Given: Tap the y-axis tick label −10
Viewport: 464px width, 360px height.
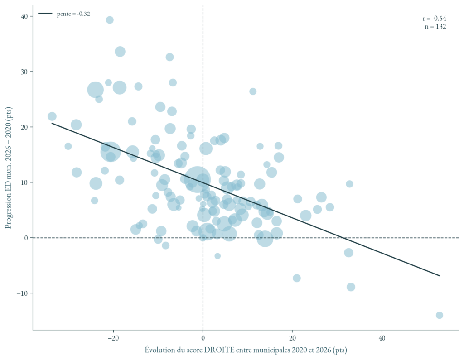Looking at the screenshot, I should [21, 293].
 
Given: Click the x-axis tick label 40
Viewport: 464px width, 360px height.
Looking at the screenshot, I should [382, 339].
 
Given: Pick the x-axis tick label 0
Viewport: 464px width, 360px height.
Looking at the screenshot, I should [203, 339].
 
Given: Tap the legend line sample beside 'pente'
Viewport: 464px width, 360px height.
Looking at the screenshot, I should [45, 14].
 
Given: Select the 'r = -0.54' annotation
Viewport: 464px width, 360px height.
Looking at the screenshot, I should [434, 19].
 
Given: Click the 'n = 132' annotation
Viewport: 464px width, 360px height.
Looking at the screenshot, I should [435, 27].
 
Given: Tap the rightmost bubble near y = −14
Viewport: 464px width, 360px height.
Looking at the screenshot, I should [439, 315].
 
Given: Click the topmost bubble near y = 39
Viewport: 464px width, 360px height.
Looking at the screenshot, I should [110, 20].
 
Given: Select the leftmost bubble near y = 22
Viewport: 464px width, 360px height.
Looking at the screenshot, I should [52, 116].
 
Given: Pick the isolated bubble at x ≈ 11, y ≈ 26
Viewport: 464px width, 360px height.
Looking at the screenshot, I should [253, 91].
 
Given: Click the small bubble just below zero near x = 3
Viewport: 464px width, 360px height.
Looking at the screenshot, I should [217, 256].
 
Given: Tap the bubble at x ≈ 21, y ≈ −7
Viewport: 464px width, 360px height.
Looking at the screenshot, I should [297, 278].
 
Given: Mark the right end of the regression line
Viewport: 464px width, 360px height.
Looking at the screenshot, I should [440, 276].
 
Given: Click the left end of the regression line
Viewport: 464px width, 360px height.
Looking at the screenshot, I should [52, 123].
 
